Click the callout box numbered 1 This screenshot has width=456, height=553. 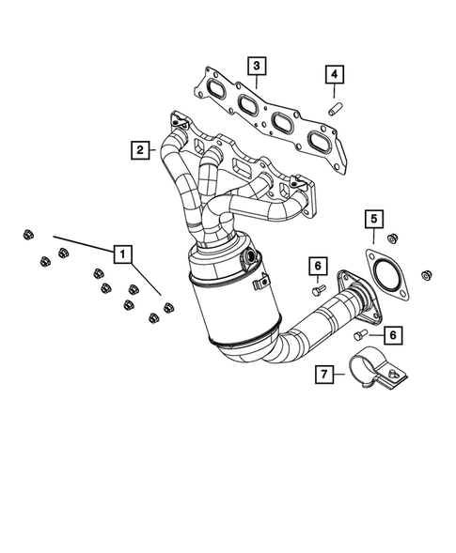tap(121, 253)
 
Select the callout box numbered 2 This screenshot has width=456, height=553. tap(139, 148)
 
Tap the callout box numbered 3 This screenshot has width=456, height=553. tap(256, 66)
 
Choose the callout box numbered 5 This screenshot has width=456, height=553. tap(373, 220)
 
